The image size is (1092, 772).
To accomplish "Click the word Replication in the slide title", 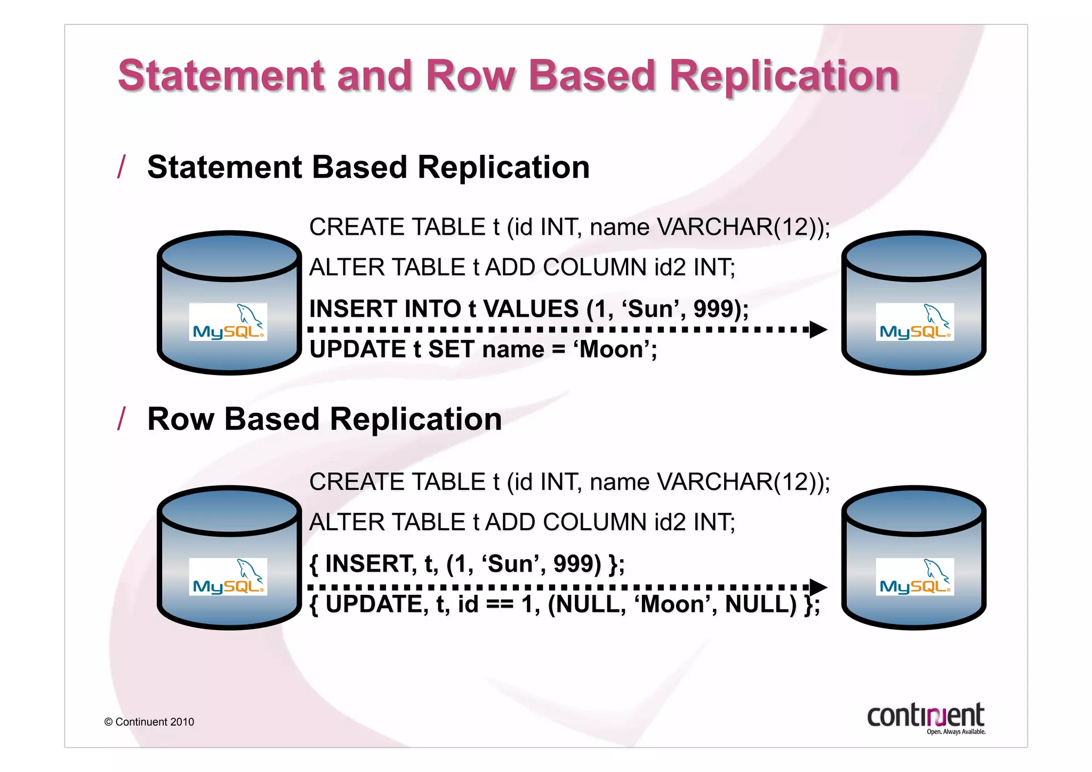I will (784, 76).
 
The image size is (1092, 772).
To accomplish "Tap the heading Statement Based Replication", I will (368, 167).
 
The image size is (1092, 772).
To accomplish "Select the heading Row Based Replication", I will (324, 419).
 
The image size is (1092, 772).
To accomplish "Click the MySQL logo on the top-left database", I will (228, 322).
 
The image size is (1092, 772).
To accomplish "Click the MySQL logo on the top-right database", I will (914, 322).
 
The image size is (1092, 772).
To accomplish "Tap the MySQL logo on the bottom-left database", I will (228, 577).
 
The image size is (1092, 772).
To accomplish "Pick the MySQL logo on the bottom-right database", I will (914, 577).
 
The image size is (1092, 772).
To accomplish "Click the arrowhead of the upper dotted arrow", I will (818, 330).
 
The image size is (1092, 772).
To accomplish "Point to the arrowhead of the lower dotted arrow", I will (818, 587).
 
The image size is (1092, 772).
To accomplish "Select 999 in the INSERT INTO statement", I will (714, 309).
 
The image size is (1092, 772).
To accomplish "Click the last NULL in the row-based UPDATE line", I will (760, 604).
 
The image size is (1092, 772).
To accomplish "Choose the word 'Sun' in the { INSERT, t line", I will (509, 564).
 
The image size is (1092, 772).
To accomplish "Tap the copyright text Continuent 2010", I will (154, 722).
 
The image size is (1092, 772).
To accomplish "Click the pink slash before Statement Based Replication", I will (122, 167).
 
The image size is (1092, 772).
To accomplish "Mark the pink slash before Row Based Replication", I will (122, 419).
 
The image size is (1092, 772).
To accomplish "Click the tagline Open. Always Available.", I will (955, 732).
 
